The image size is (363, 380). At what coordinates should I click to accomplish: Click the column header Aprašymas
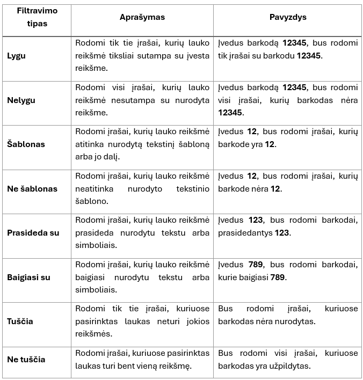click(x=142, y=17)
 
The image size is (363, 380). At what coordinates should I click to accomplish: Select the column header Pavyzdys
click(x=288, y=17)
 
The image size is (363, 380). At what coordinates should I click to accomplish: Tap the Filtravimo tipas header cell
click(x=37, y=17)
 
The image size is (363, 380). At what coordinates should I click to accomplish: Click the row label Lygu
click(x=17, y=56)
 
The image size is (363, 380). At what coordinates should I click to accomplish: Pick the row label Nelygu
click(x=20, y=100)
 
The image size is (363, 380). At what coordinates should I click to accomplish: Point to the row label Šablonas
click(x=26, y=144)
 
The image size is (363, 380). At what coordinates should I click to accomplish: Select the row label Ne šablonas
click(x=32, y=188)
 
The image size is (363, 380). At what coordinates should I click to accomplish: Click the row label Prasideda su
click(x=33, y=233)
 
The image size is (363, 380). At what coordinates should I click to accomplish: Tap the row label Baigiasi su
click(x=29, y=277)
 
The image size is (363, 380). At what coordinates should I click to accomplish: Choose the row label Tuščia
click(x=20, y=321)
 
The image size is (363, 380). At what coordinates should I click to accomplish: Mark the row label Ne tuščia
click(x=26, y=360)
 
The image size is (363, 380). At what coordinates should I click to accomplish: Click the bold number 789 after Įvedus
click(x=257, y=265)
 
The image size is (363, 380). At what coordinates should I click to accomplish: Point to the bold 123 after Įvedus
click(x=257, y=220)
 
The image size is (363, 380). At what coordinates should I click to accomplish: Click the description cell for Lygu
click(x=142, y=56)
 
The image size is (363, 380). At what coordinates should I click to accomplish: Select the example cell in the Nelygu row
click(x=288, y=100)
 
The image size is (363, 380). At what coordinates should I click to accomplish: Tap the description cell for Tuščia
click(x=142, y=321)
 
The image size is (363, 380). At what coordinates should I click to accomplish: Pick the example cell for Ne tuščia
click(x=288, y=360)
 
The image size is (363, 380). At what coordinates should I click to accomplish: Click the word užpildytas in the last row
click(x=295, y=367)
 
